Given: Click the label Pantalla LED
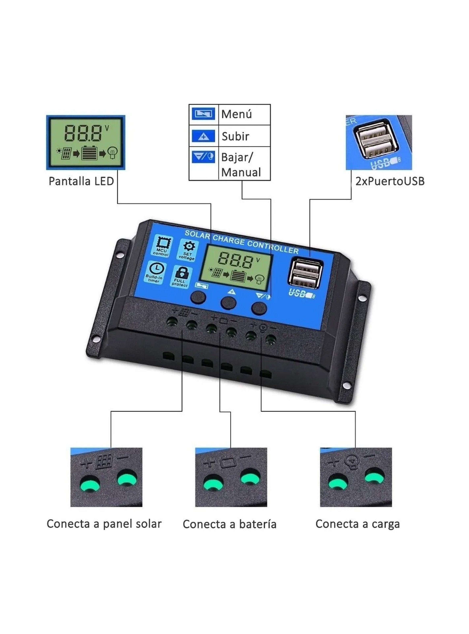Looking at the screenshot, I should (x=81, y=181).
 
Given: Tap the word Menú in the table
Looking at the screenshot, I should (x=236, y=114).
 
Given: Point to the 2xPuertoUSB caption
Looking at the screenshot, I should (x=390, y=181).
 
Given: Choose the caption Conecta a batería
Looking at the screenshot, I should (x=229, y=524).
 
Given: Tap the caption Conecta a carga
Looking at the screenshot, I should (x=357, y=524).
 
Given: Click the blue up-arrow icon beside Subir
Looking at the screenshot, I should (x=203, y=136).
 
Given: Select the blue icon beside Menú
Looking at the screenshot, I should (x=203, y=114).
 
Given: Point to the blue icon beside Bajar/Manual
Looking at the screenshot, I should (x=203, y=157).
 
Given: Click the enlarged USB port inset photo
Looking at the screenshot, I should (x=379, y=142).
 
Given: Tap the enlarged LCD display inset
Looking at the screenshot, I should (x=86, y=142).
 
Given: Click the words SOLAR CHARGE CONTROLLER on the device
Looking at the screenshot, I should (x=241, y=242).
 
